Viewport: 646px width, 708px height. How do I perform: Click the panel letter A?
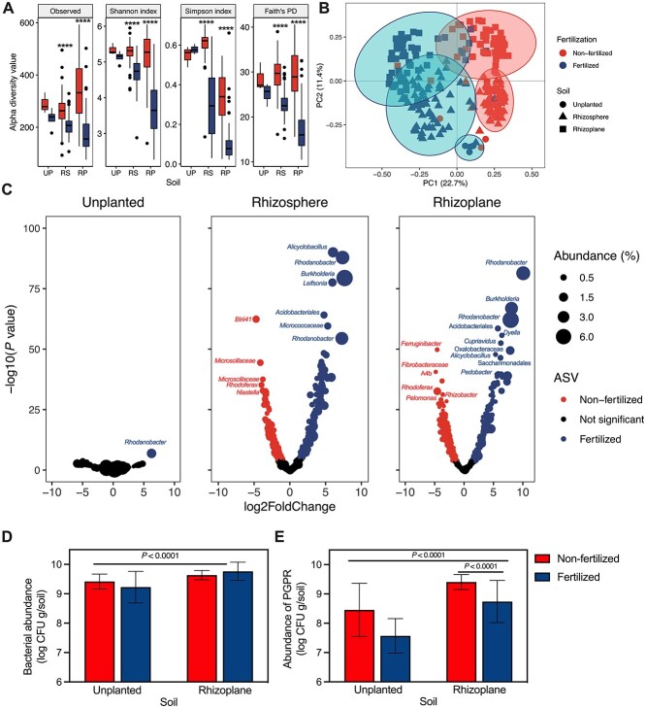click(9, 9)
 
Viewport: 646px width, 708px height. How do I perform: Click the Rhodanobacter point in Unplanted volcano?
click(151, 453)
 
